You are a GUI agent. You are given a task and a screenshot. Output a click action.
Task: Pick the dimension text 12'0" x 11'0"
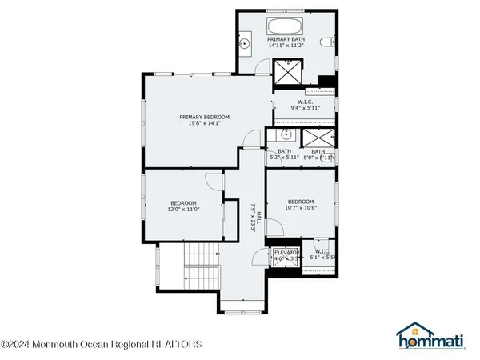tap(183, 210)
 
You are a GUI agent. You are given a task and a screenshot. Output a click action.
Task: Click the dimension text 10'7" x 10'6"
tap(301, 208)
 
